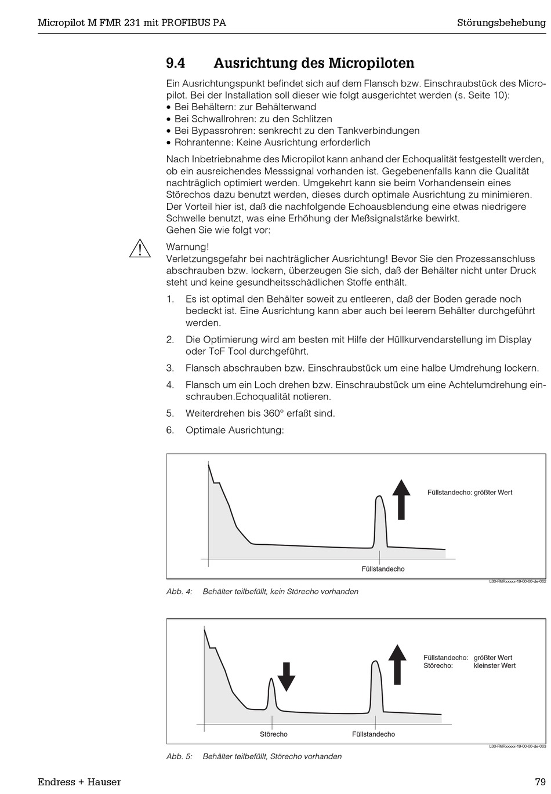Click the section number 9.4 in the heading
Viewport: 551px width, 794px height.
coord(175,63)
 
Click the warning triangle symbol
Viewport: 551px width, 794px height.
coord(140,249)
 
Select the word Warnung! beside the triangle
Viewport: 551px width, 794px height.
coord(187,247)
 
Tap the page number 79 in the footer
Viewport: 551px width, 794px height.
coord(540,782)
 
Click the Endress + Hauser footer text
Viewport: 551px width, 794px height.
coord(79,782)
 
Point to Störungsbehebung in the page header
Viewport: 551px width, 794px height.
coord(501,23)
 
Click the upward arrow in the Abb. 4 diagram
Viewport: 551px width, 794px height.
coord(401,499)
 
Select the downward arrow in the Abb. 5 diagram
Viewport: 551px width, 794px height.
coord(286,676)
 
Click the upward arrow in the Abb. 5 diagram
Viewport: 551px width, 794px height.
coord(397,664)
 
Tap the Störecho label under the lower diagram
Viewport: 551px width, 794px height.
coord(274,734)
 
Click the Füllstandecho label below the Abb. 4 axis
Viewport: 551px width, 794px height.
coord(383,569)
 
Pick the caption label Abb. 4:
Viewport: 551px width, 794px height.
coord(179,592)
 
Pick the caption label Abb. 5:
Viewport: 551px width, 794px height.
coord(179,756)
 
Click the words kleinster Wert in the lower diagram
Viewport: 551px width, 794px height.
coord(494,666)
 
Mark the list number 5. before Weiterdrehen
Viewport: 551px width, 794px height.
coord(170,413)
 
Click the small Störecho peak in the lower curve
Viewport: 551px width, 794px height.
coord(271,684)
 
